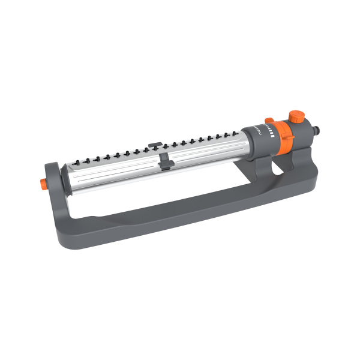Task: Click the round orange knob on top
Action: tap(295, 116)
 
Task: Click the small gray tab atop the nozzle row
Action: tap(154, 144)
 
